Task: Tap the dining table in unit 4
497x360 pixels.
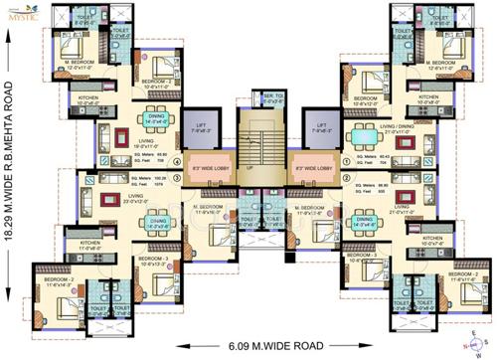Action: tap(156, 127)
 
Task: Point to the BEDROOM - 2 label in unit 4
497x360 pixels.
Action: tap(155, 82)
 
